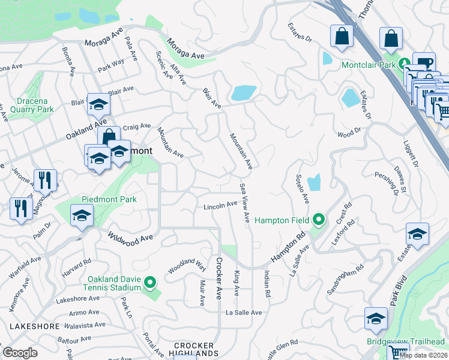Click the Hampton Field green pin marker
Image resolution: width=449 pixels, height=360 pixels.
point(318,220)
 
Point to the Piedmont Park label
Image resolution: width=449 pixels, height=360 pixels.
point(109,199)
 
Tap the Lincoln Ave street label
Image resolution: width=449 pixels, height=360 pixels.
point(220,206)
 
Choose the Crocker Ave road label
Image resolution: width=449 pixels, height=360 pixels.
point(219,278)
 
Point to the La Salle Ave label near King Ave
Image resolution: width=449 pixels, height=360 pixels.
point(244,313)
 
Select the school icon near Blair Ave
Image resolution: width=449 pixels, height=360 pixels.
point(98,104)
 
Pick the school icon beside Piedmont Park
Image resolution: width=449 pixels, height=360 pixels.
point(82,215)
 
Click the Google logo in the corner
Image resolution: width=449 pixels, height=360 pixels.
point(20,352)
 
